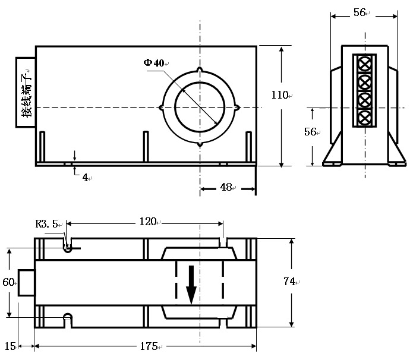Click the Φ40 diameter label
[x=153, y=62]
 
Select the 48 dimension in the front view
[x=226, y=187]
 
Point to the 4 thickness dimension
[x=85, y=177]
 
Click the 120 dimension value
[x=147, y=222]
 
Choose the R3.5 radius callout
[x=47, y=224]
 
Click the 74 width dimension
[x=289, y=282]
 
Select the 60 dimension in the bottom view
[x=8, y=282]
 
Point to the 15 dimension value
[x=10, y=346]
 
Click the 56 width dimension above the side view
[x=359, y=13]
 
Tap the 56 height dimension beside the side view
[x=310, y=132]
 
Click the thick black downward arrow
[x=191, y=285]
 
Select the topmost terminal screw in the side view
[x=365, y=62]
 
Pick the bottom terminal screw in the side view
[x=365, y=116]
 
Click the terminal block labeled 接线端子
[x=26, y=92]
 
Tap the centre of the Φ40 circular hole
[x=200, y=107]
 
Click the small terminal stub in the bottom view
[x=27, y=282]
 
